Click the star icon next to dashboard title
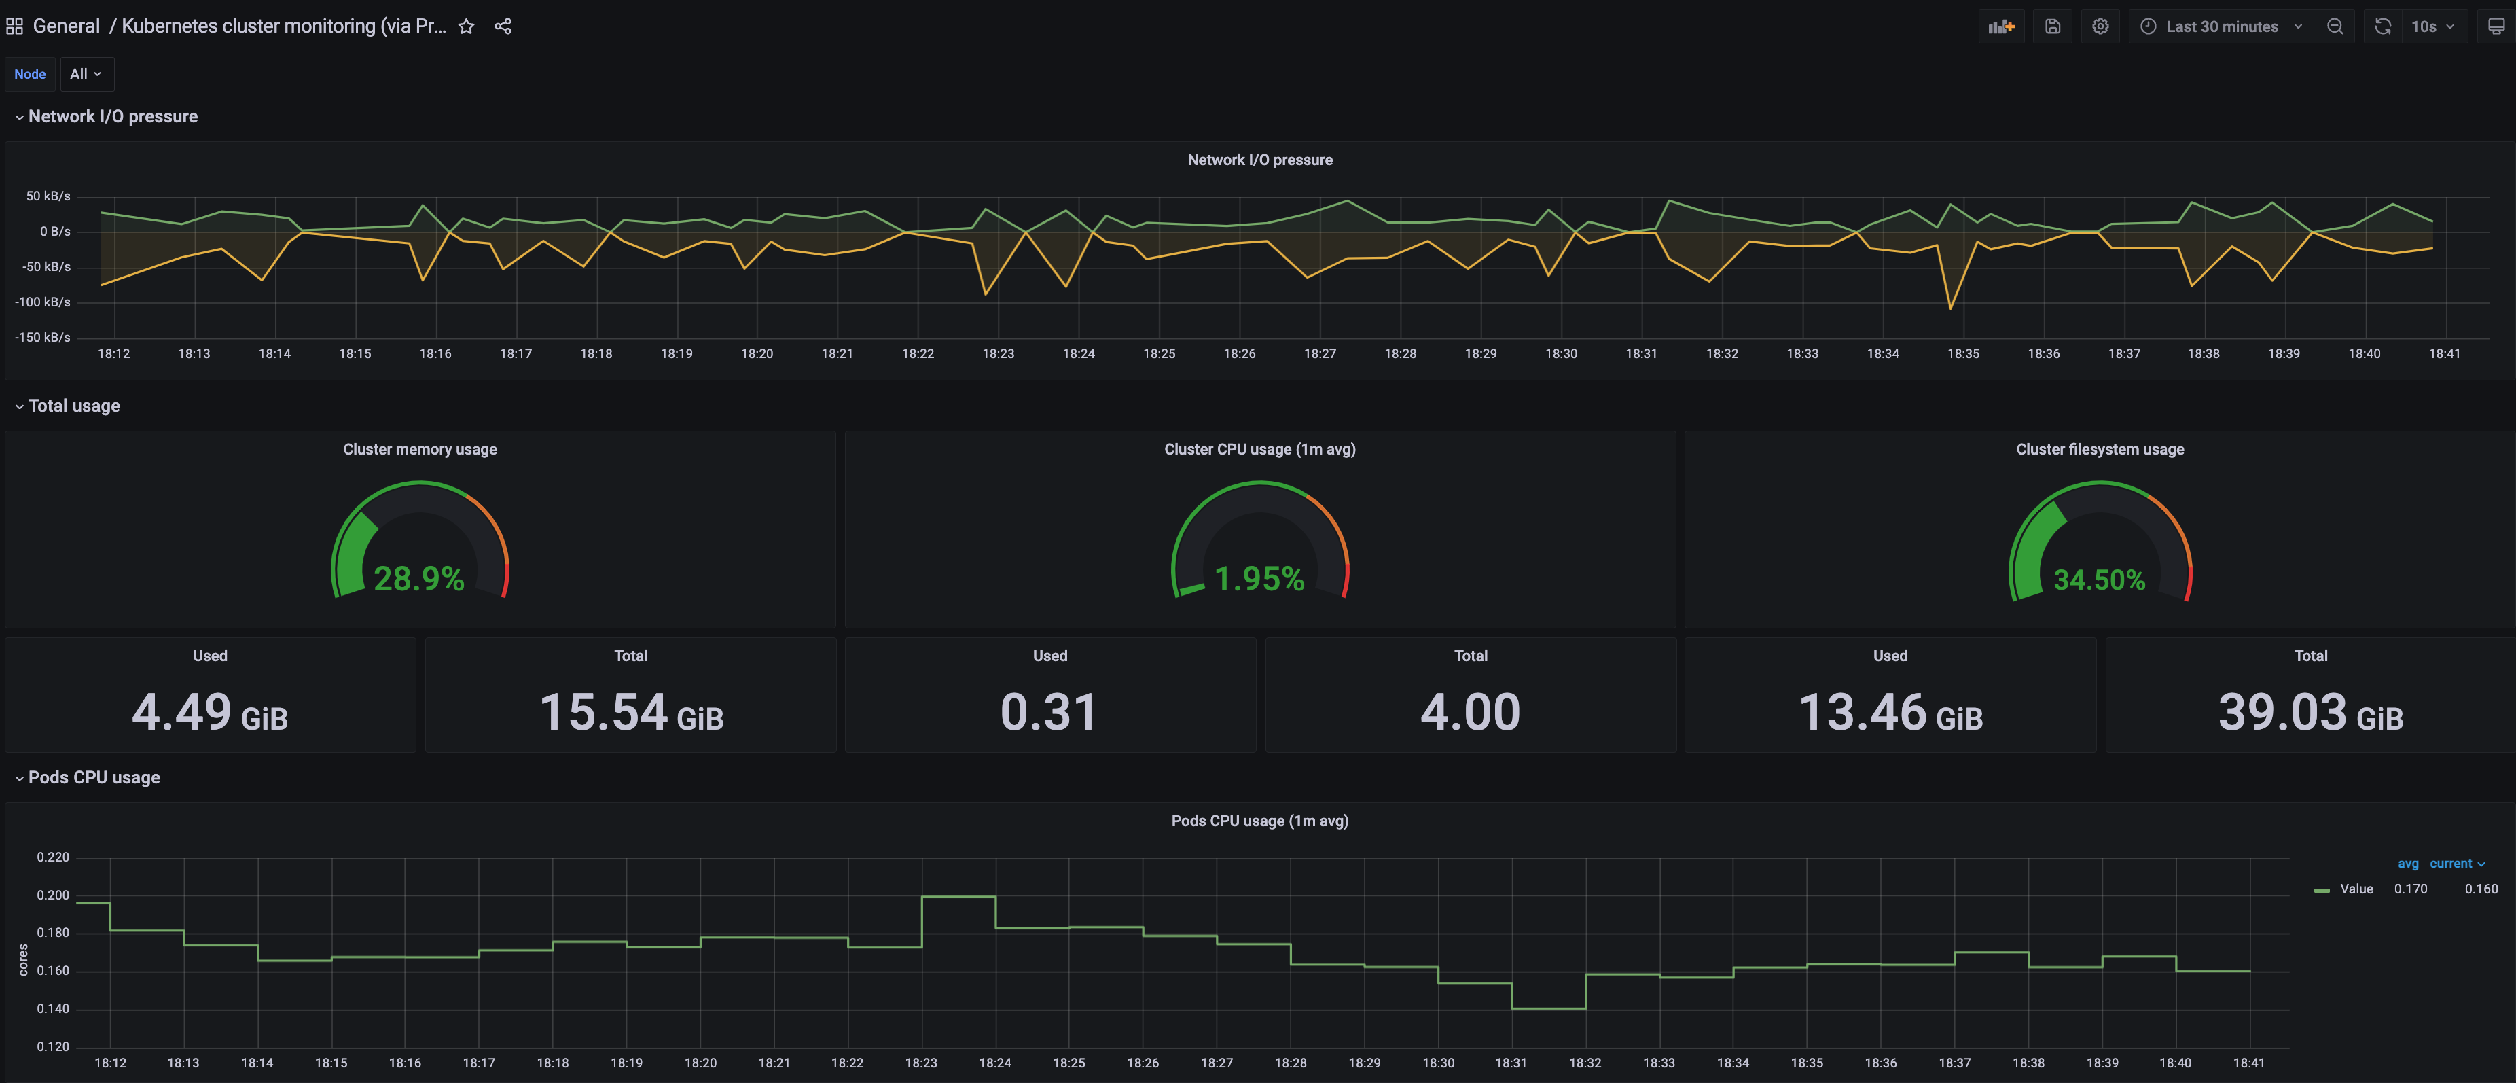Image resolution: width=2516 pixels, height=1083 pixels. [x=466, y=26]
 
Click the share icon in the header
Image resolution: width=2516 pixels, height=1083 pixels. [x=503, y=26]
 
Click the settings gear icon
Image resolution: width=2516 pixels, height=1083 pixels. [x=2100, y=26]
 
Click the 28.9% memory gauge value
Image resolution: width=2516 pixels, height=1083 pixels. [x=419, y=578]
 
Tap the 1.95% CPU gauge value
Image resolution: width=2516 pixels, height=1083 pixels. [x=1259, y=578]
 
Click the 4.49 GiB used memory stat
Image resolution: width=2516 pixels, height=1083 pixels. [x=210, y=712]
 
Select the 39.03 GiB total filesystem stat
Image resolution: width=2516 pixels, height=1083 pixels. [x=2310, y=712]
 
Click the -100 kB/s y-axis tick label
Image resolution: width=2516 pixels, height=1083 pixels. [x=43, y=302]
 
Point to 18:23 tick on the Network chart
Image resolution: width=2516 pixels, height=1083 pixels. [x=997, y=353]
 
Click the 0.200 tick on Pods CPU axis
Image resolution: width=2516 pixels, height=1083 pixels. [x=53, y=895]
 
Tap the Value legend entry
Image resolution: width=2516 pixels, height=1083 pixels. [x=2355, y=889]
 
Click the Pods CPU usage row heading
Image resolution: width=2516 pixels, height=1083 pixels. [x=94, y=777]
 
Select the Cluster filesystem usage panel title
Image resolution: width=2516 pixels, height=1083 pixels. [x=2099, y=449]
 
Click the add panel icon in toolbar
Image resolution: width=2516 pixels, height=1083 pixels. [x=2000, y=26]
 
